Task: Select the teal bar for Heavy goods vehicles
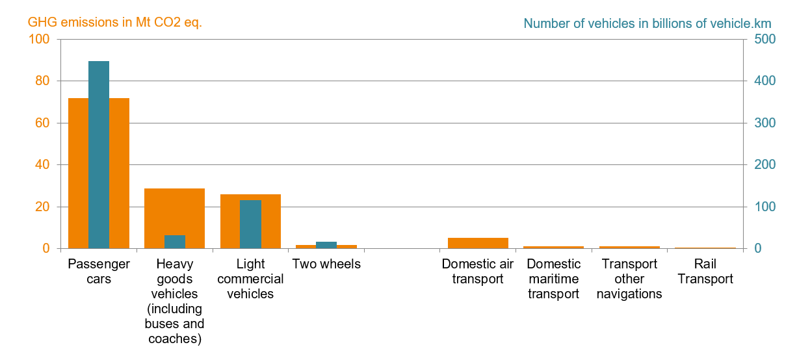pyautogui.click(x=174, y=242)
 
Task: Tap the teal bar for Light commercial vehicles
pyautogui.click(x=250, y=224)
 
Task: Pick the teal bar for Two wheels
pyautogui.click(x=326, y=245)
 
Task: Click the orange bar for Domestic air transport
pyautogui.click(x=478, y=243)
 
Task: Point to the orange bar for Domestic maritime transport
pyautogui.click(x=553, y=247)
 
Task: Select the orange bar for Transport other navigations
pyautogui.click(x=629, y=247)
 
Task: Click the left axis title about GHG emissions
pyautogui.click(x=115, y=23)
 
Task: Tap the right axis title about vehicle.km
pyautogui.click(x=647, y=23)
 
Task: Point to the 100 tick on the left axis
pyautogui.click(x=40, y=39)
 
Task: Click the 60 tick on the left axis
pyautogui.click(x=43, y=123)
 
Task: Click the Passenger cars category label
pyautogui.click(x=99, y=272)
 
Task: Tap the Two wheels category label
pyautogui.click(x=326, y=264)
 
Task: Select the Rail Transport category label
pyautogui.click(x=705, y=272)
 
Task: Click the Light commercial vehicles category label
pyautogui.click(x=250, y=279)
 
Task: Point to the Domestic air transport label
pyautogui.click(x=478, y=272)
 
